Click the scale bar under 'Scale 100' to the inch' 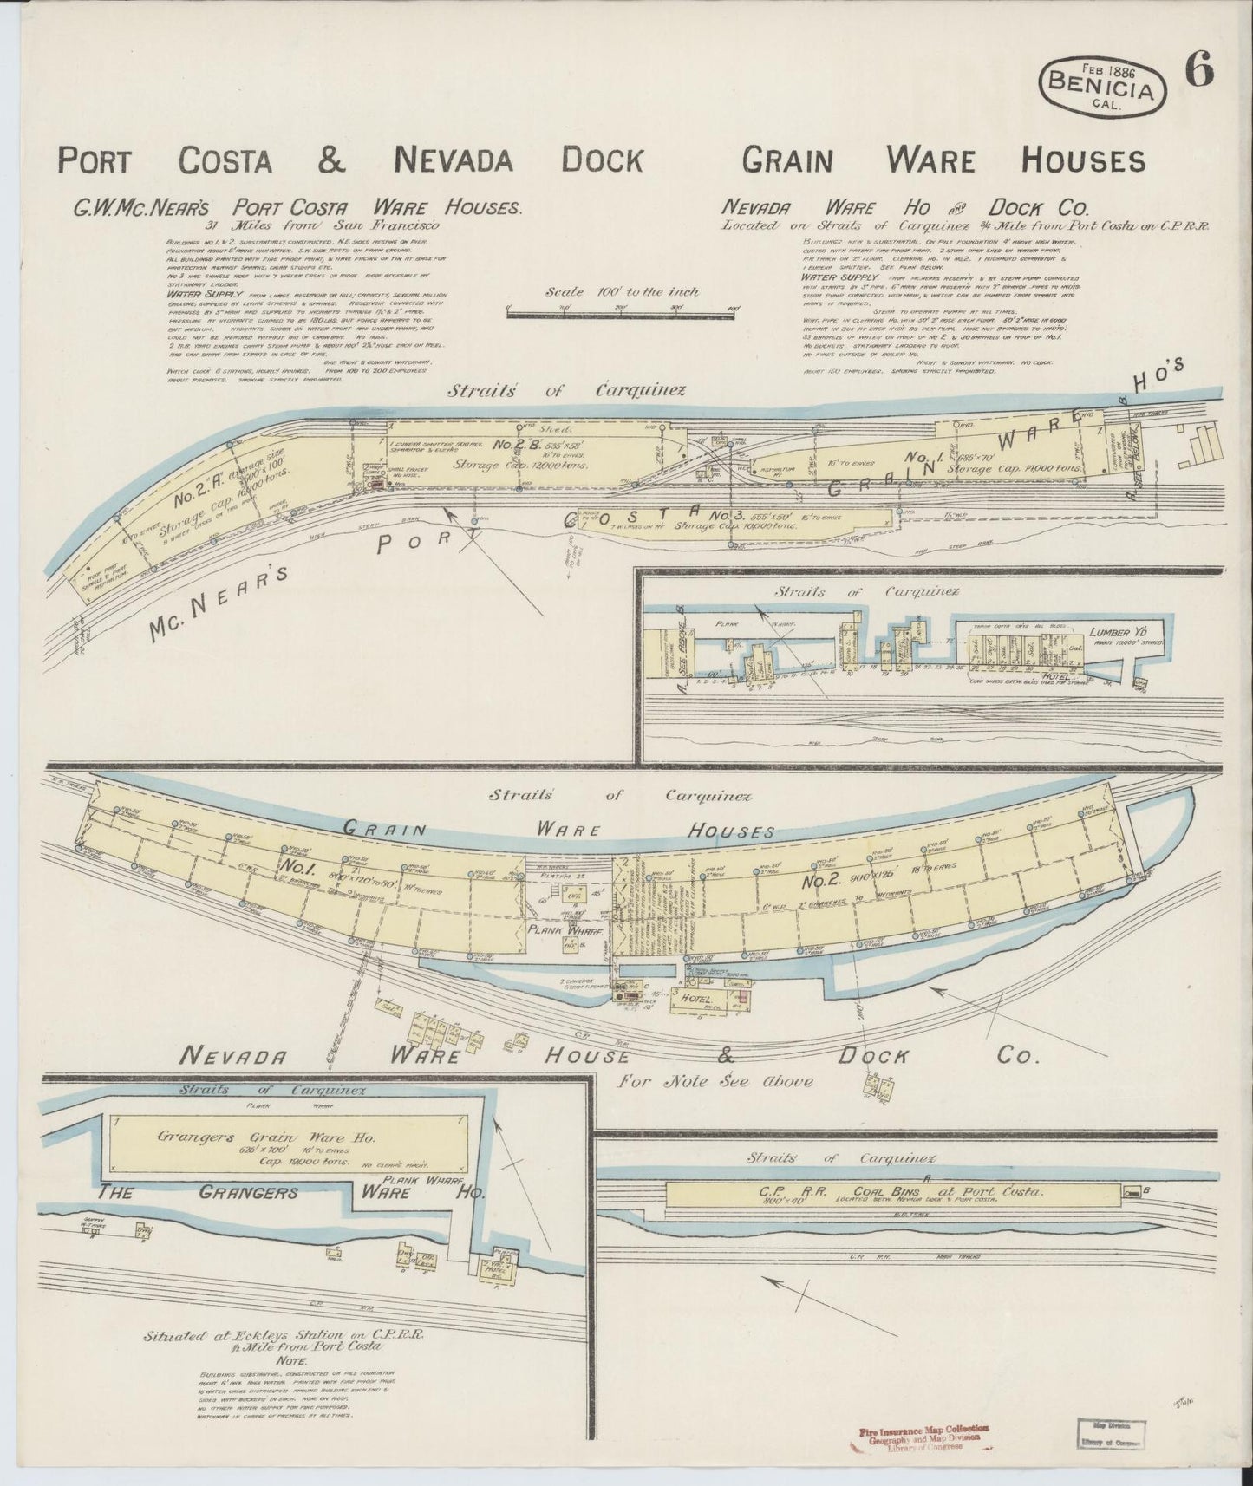(620, 316)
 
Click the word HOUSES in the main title (1082, 160)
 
